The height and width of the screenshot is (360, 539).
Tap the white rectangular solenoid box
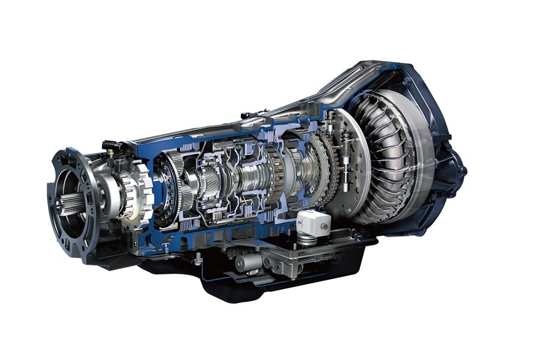(312, 222)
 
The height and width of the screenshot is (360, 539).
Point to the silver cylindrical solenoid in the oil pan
(248, 262)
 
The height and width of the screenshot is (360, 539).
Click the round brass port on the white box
(324, 226)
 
